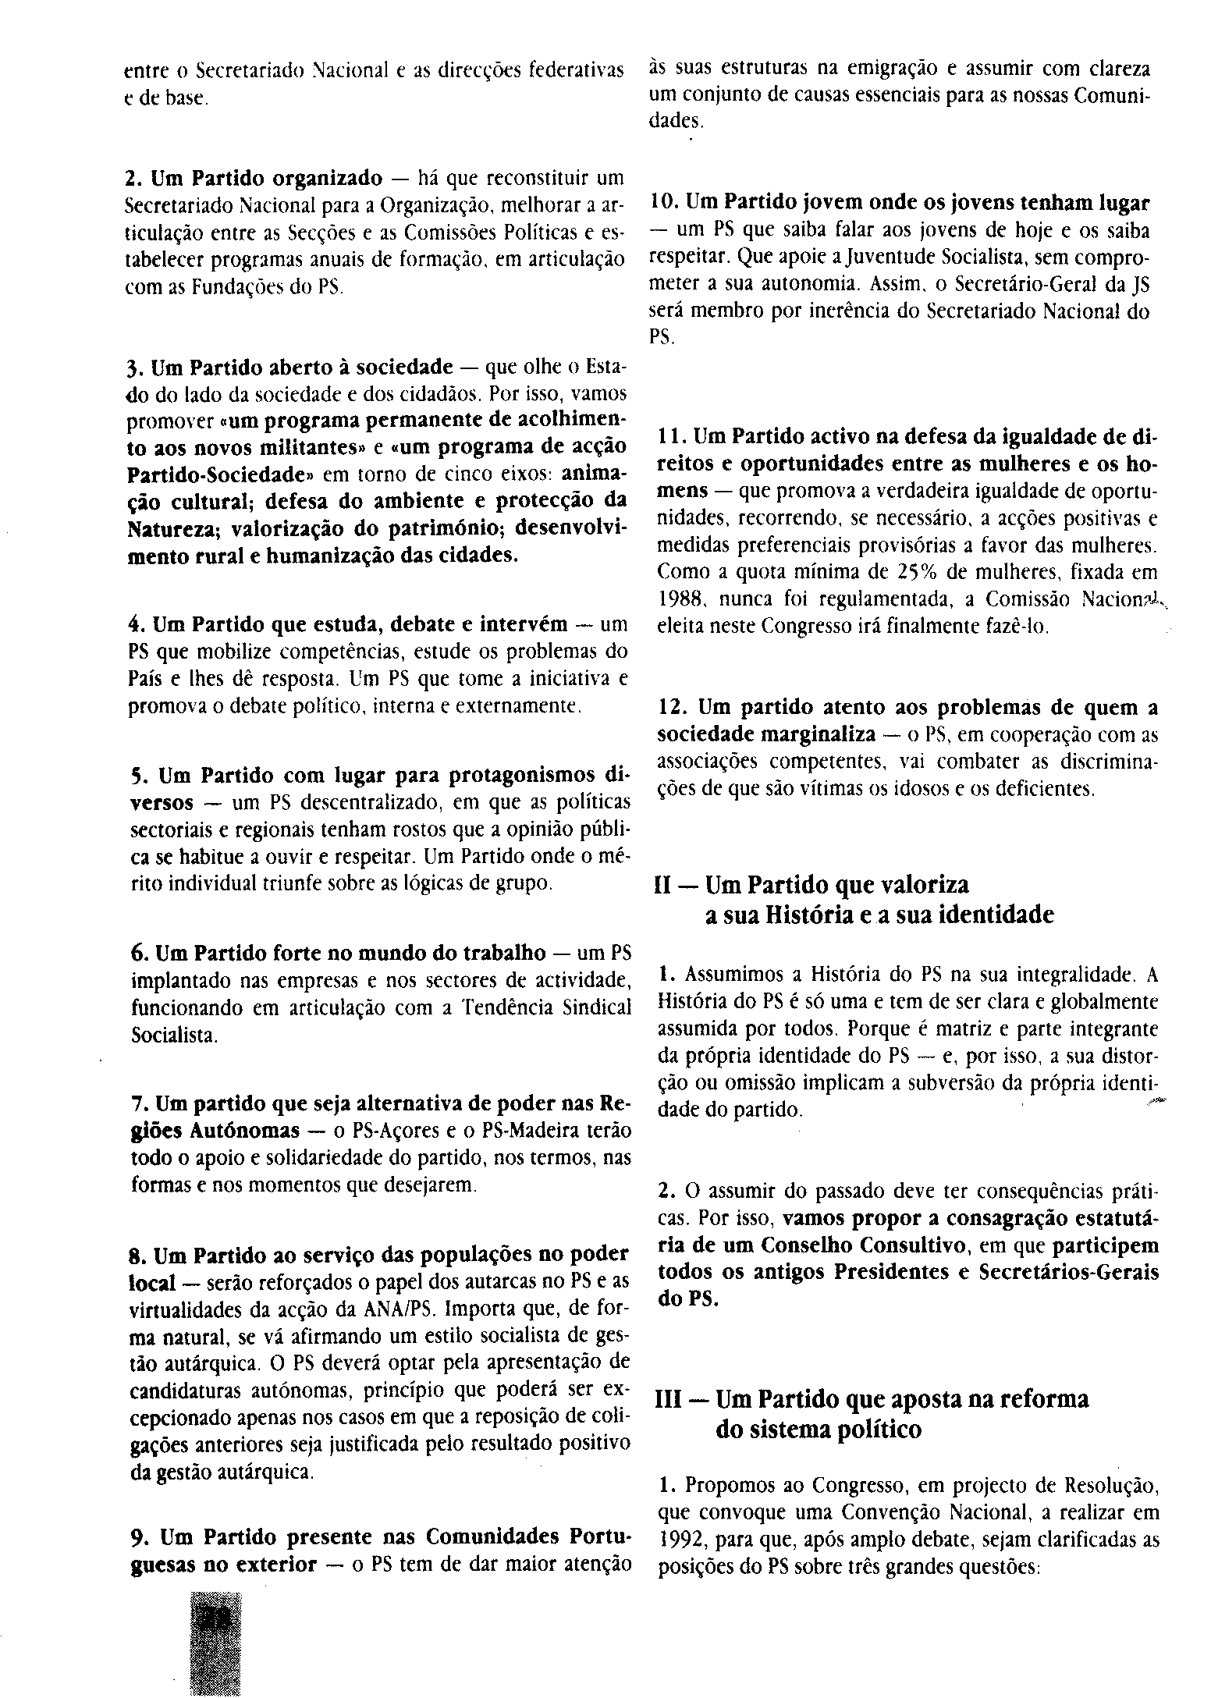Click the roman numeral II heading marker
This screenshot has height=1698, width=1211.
(x=668, y=885)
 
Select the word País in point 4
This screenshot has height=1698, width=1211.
(x=144, y=680)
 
